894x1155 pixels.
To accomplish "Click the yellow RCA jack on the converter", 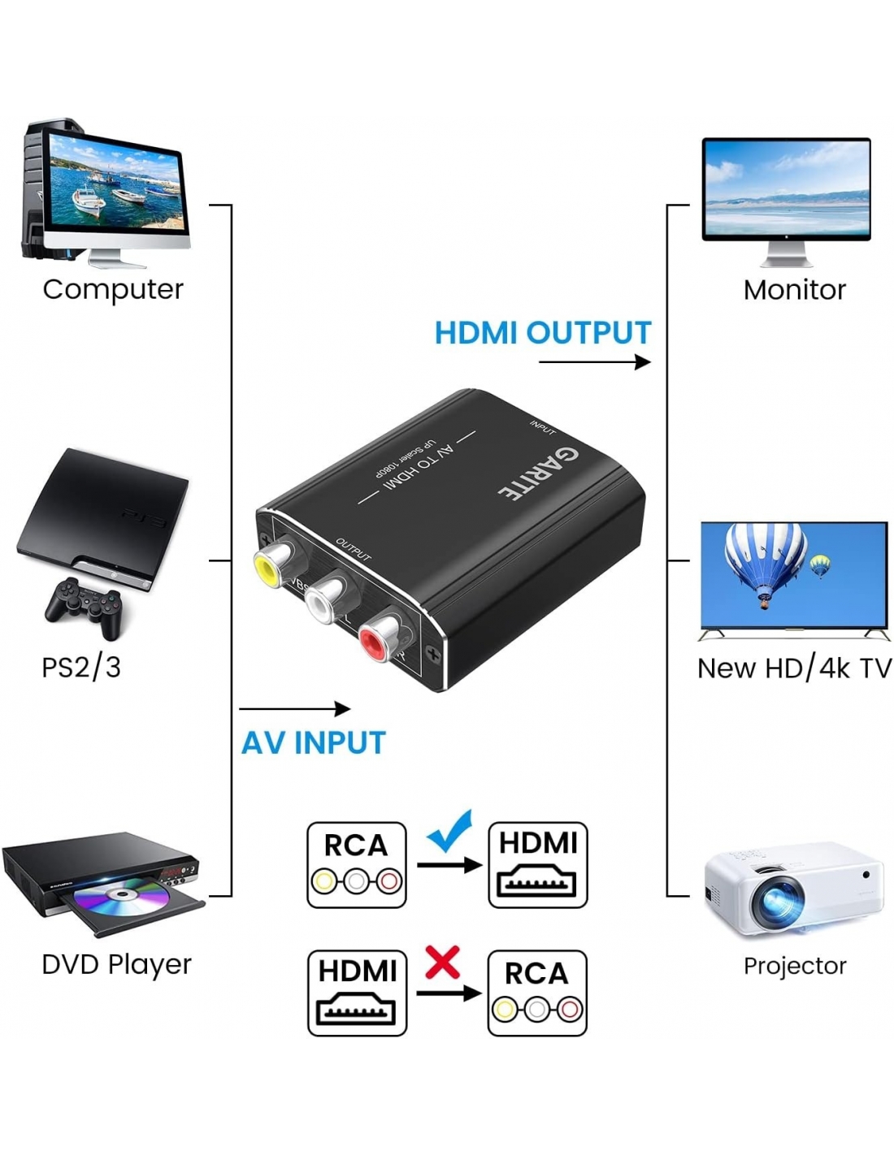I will (269, 566).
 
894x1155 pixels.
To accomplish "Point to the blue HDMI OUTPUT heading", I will (543, 333).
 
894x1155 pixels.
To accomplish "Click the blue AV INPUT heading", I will (314, 743).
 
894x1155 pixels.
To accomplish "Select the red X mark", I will (443, 962).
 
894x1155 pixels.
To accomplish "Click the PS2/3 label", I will (81, 668).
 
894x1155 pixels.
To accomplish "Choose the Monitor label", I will (794, 290).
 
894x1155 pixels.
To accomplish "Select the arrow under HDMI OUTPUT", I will (595, 361).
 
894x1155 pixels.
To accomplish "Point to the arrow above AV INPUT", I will (294, 709).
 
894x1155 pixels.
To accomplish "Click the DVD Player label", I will (116, 964).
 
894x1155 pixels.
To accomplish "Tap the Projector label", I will (795, 966).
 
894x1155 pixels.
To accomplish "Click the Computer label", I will (113, 289).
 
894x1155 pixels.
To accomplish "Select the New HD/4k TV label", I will (794, 668).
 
